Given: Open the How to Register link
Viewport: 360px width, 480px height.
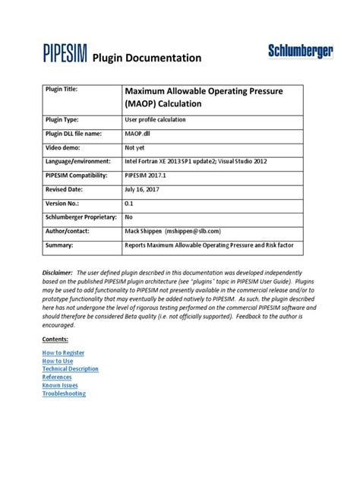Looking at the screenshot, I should click(63, 352).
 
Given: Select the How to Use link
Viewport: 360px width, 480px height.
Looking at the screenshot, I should click(58, 361).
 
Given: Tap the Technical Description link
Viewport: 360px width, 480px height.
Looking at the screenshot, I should click(70, 369).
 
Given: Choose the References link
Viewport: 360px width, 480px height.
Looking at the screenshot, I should click(57, 377).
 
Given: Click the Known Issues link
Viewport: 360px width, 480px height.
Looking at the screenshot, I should click(60, 385).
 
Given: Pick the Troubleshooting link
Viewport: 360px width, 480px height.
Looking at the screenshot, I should click(64, 393).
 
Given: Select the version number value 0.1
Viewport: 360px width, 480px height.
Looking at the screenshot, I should click(129, 204).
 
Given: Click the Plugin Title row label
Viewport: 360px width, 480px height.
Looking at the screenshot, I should click(66, 90).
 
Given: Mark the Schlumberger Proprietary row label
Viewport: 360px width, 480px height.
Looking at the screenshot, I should click(83, 218).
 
